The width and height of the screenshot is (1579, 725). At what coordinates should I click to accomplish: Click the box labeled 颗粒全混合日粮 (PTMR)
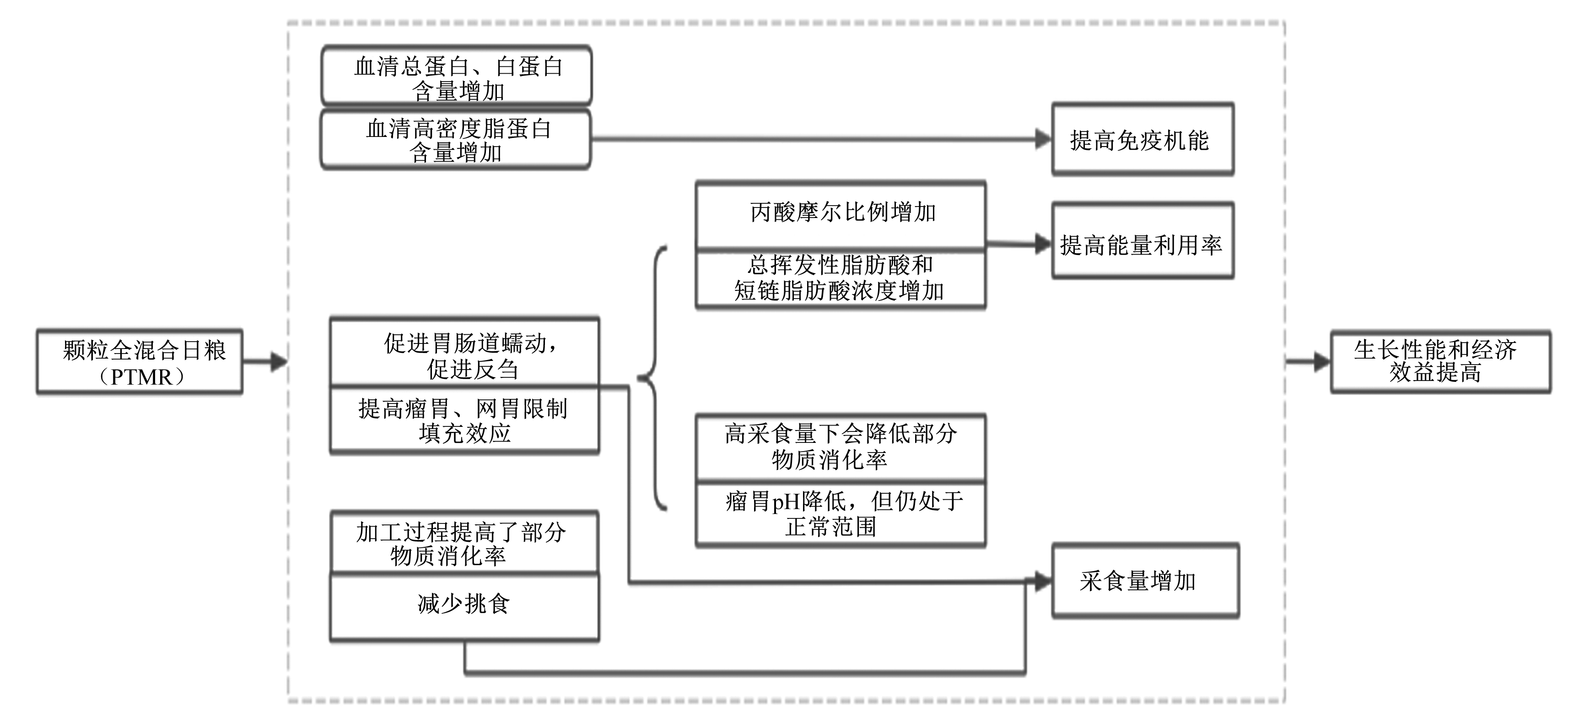pos(140,361)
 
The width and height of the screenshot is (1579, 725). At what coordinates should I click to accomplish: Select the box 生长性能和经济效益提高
pos(1440,361)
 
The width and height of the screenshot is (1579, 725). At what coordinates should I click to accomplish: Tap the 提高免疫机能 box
pos(1143,139)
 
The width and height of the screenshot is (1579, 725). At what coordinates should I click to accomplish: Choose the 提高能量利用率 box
pos(1143,240)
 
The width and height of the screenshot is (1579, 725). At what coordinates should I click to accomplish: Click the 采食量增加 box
pos(1146,580)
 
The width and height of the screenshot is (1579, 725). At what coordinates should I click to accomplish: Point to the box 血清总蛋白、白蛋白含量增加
pos(457,76)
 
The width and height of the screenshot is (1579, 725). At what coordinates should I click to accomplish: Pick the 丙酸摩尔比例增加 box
pos(841,215)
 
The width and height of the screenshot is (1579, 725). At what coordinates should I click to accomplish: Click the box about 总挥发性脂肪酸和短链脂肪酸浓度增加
pos(841,278)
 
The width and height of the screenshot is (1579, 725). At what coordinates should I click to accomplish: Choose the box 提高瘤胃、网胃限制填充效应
pos(464,420)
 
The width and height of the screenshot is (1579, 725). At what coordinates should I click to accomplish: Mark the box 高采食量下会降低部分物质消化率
pos(841,447)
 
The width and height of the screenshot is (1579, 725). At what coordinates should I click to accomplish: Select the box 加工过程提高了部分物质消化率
pos(464,542)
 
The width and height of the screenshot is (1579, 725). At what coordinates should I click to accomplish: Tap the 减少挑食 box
pos(464,607)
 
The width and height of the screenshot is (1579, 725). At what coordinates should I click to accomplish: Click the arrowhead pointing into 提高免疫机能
pos(1043,139)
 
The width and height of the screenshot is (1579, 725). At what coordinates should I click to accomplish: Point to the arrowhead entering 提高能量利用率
pos(1043,244)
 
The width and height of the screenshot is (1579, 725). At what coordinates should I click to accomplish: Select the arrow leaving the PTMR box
pos(265,362)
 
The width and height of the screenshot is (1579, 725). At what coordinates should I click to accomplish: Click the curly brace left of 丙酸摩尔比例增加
pos(652,378)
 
